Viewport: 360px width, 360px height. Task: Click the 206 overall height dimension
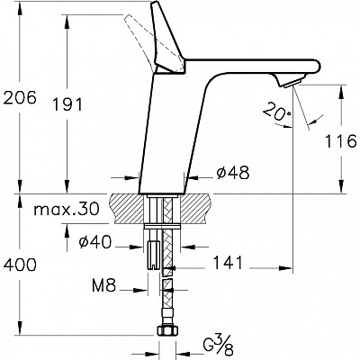pyautogui.click(x=20, y=97)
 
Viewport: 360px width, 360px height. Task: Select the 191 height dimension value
pyautogui.click(x=67, y=104)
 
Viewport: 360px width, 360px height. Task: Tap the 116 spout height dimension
pyautogui.click(x=341, y=141)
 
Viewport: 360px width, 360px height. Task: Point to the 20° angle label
pyautogui.click(x=277, y=112)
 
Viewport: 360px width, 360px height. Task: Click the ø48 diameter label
pyautogui.click(x=233, y=173)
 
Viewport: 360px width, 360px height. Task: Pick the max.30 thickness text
pyautogui.click(x=67, y=209)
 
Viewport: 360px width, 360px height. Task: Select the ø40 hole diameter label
pyautogui.click(x=95, y=242)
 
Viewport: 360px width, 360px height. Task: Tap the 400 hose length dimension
pyautogui.click(x=20, y=265)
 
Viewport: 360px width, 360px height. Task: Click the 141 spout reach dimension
pyautogui.click(x=228, y=263)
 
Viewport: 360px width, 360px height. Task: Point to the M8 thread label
pyautogui.click(x=103, y=286)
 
